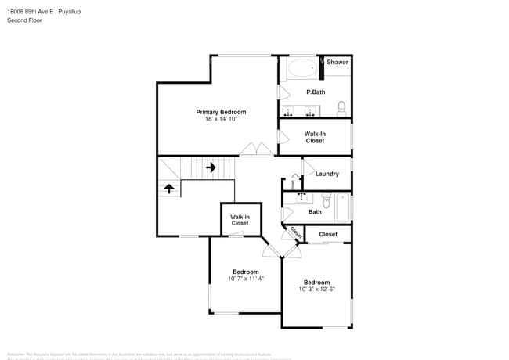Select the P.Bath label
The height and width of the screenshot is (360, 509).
tap(316, 92)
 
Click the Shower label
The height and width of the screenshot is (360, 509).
tap(338, 62)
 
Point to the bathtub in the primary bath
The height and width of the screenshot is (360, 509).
tap(301, 68)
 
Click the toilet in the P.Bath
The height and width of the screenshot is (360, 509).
tap(342, 107)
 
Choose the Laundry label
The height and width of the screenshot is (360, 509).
tap(327, 174)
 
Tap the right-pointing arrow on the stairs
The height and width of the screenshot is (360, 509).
tap(210, 167)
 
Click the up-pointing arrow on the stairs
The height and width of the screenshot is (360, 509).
tap(168, 189)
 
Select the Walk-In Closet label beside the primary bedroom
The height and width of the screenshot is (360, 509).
tap(315, 137)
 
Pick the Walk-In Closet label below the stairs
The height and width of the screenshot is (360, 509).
tap(240, 220)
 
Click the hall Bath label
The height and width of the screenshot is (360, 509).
tap(315, 211)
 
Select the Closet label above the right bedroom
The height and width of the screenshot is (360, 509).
tap(328, 234)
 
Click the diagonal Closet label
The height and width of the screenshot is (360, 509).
tap(295, 233)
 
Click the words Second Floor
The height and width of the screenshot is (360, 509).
tap(25, 20)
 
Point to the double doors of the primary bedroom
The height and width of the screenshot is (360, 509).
tap(251, 149)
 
